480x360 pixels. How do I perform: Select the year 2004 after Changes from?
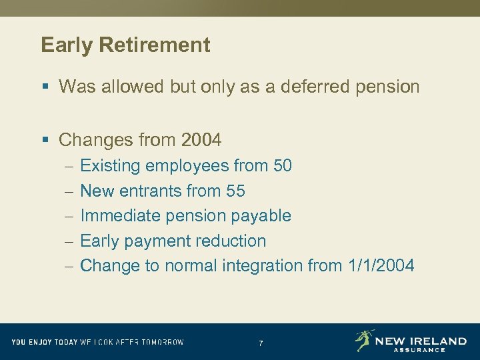pyautogui.click(x=201, y=140)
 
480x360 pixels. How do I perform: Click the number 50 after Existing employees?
pyautogui.click(x=282, y=165)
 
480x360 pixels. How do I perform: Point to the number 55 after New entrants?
pyautogui.click(x=235, y=191)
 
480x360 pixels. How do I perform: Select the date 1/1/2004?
pyautogui.click(x=381, y=265)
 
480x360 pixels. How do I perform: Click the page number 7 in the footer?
pyautogui.click(x=261, y=343)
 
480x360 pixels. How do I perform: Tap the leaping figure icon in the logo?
pyautogui.click(x=364, y=340)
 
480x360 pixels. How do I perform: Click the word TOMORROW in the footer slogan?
pyautogui.click(x=160, y=342)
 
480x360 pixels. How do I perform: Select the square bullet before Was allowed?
pyautogui.click(x=45, y=87)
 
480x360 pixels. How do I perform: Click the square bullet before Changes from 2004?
pyautogui.click(x=45, y=140)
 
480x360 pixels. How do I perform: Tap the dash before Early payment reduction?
pyautogui.click(x=69, y=241)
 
